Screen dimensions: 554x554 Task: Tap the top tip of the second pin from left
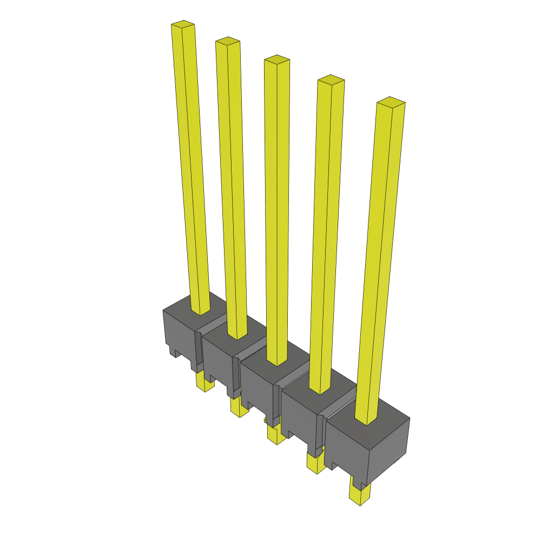(227, 41)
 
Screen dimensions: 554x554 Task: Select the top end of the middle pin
(276, 58)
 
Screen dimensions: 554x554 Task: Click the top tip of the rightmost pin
(391, 101)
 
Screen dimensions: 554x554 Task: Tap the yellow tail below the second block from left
(238, 407)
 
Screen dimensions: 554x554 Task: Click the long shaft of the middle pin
(277, 216)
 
